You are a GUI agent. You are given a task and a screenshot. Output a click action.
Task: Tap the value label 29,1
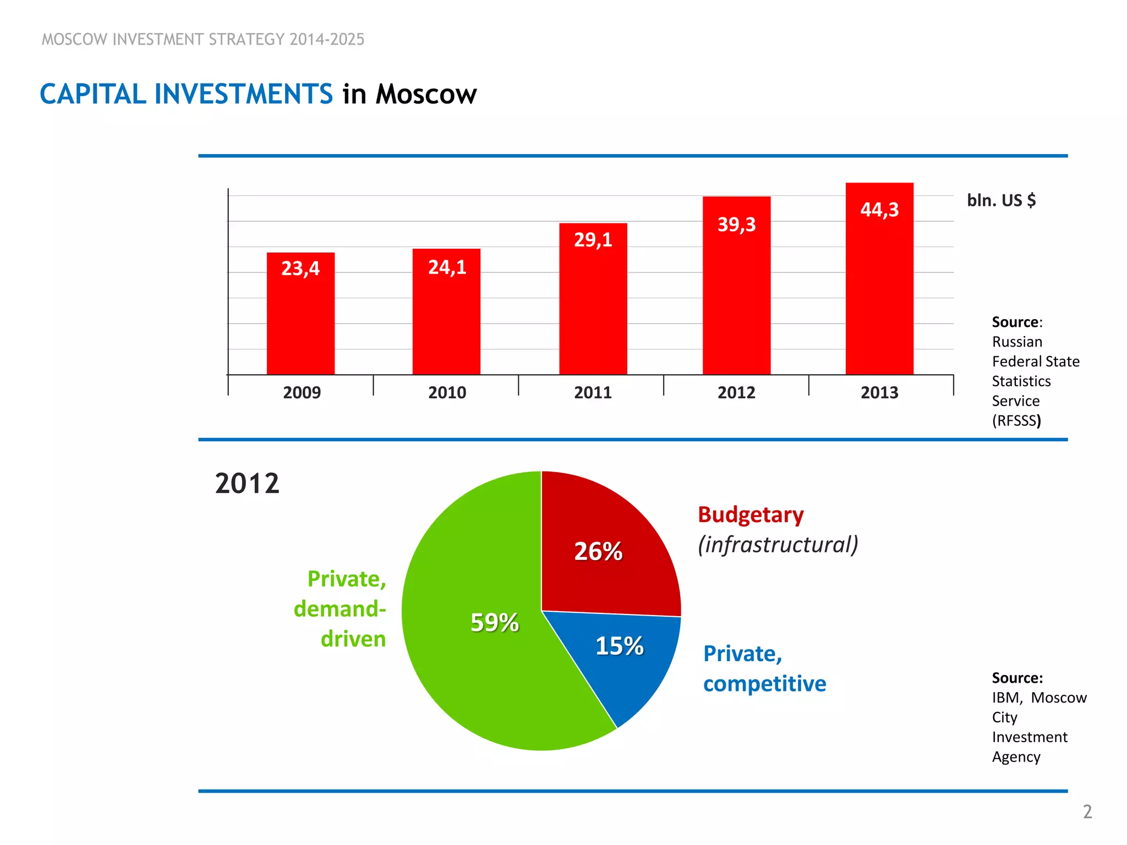[593, 240]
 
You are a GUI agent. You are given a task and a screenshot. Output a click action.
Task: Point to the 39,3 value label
[736, 224]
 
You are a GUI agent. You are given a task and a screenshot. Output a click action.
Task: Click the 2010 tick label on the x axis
[447, 392]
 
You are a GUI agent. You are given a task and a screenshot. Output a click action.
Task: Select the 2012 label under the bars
[736, 392]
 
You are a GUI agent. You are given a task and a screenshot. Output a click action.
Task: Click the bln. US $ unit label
[1001, 200]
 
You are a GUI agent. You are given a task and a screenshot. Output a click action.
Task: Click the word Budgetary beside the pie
[751, 515]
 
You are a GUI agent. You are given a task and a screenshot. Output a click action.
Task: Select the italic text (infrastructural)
[778, 545]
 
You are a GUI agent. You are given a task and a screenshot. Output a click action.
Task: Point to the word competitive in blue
[764, 684]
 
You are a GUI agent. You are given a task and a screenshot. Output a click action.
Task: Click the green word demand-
[340, 609]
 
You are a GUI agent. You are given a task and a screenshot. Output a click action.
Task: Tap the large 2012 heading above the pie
[247, 484]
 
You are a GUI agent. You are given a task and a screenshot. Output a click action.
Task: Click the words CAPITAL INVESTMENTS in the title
[186, 94]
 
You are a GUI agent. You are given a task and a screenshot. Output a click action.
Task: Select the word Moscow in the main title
[426, 94]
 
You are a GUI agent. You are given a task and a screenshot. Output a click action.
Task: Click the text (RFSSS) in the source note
[1016, 421]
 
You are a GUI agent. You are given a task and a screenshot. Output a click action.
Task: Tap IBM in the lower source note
[1006, 698]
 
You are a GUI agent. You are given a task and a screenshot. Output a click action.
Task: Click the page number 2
[1087, 812]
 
